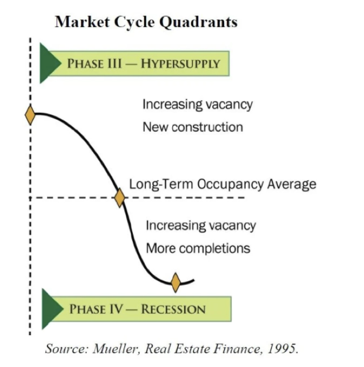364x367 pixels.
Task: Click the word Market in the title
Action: tap(82, 22)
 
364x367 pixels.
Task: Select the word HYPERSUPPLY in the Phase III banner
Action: tap(180, 64)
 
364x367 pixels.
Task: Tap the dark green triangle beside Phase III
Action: tap(50, 63)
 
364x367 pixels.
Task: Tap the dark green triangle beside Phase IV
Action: tap(52, 309)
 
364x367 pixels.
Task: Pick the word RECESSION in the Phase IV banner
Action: tap(173, 309)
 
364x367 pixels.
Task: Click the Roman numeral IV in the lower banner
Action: tap(116, 309)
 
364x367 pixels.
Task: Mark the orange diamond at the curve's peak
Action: tap(30, 115)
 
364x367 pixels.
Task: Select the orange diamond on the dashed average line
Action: tap(120, 198)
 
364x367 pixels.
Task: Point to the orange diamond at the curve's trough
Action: tap(176, 283)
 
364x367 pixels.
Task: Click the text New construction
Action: tap(193, 127)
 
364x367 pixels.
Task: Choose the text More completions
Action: tap(198, 248)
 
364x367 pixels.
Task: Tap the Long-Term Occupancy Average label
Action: tap(223, 184)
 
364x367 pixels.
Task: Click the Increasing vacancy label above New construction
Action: tap(198, 104)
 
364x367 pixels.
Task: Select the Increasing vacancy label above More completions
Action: tap(201, 226)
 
